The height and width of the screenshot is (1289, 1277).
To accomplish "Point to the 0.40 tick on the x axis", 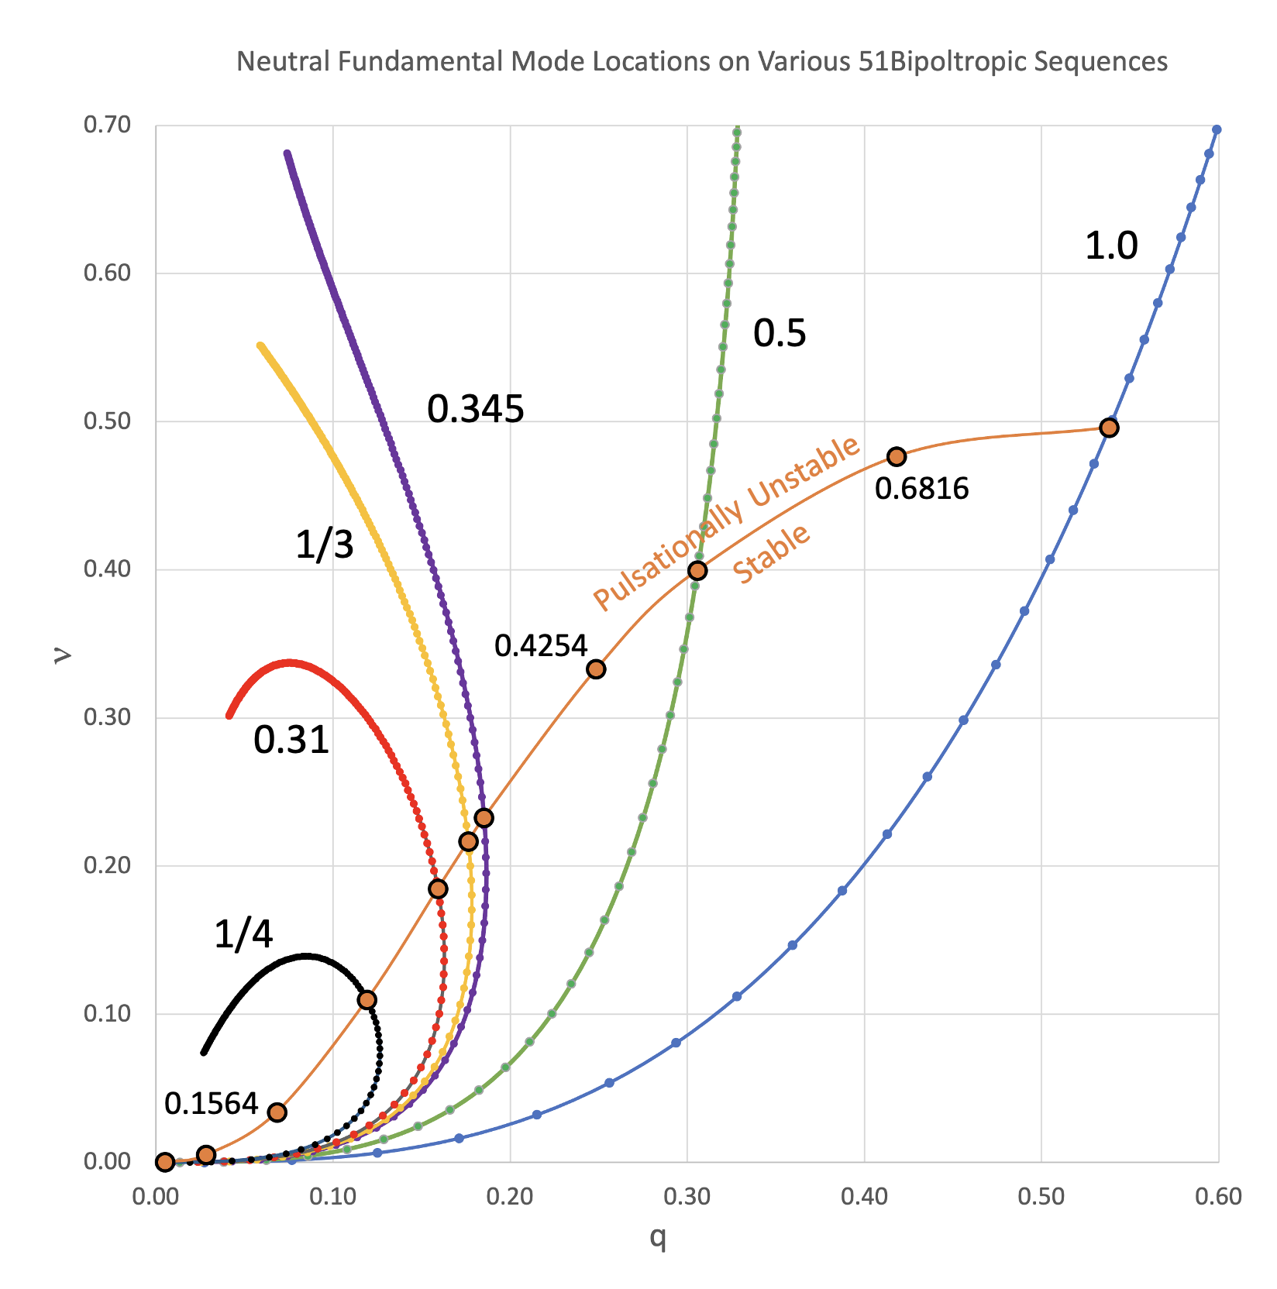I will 864,1196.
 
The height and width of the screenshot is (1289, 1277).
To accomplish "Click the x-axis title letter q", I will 657,1238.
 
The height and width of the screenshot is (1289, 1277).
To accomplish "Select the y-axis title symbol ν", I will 62,655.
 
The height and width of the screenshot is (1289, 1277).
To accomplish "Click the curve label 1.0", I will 1110,246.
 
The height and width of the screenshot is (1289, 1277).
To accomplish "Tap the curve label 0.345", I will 475,408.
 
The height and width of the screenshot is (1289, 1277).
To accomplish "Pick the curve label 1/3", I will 324,545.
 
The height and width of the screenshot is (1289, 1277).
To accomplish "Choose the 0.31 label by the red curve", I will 291,740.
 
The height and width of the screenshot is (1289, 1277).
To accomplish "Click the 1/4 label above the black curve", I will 243,934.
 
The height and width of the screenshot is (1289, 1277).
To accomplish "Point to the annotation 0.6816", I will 921,489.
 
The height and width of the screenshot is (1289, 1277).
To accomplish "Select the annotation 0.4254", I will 541,645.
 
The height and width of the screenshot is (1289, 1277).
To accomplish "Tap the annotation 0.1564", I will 211,1103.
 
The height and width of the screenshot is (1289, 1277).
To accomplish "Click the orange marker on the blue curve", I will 1109,428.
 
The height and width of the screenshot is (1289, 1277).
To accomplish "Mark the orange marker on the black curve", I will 367,999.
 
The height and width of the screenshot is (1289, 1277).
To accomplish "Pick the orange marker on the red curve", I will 438,889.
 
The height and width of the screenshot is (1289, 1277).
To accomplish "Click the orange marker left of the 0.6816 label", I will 896,456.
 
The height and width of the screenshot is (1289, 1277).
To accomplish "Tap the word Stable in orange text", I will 771,554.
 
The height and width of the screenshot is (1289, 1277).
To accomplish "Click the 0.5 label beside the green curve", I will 780,333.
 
